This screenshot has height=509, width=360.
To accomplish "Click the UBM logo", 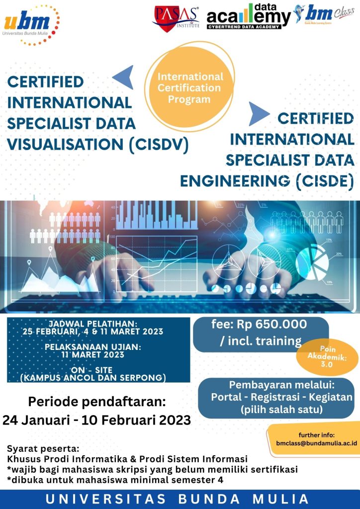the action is [31, 25].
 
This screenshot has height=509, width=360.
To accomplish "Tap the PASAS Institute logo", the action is [176, 19].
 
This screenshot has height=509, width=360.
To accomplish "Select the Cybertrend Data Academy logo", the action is [249, 16].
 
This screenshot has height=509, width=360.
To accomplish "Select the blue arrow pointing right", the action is [259, 114].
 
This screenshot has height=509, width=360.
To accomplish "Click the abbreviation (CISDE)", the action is [325, 181].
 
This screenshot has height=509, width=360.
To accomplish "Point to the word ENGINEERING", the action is [235, 181].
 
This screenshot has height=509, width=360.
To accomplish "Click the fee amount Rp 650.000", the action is [271, 324].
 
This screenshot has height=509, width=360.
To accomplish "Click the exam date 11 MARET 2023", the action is [93, 354].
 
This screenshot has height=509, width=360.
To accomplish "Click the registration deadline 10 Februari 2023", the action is [136, 420].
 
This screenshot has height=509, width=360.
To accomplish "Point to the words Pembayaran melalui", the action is [281, 385].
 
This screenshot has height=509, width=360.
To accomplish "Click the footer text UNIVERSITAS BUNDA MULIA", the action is [177, 499].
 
